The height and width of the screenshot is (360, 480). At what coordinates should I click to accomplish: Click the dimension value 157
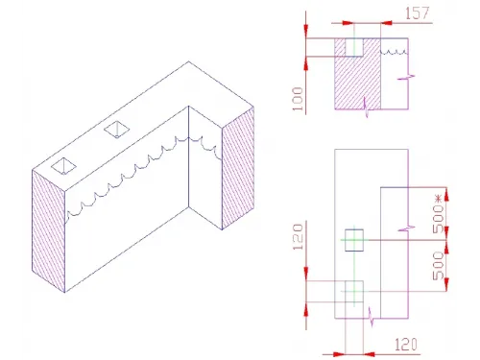click(x=419, y=13)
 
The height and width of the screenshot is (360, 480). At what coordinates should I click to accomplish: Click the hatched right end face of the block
click(x=238, y=168)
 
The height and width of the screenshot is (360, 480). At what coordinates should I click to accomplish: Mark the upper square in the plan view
click(x=354, y=240)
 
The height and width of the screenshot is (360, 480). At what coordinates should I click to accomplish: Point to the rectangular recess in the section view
click(x=354, y=47)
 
